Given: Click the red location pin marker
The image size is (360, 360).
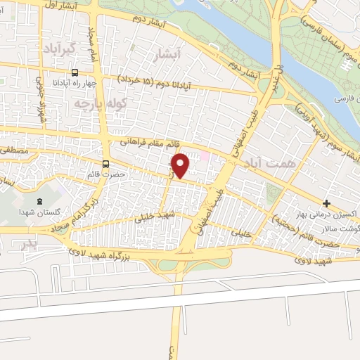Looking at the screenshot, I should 181,165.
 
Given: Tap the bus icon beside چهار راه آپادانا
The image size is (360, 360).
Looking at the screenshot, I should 75,72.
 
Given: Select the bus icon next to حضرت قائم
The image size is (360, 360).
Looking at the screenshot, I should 105,165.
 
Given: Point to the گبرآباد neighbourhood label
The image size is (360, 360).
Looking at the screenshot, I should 59,49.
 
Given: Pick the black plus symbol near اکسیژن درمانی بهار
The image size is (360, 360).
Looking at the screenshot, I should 326,204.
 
